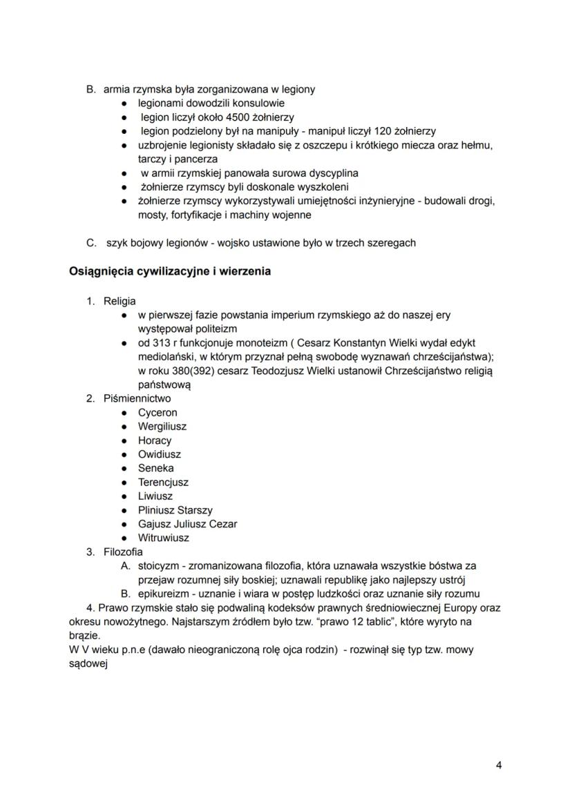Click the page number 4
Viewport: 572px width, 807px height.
coord(498,765)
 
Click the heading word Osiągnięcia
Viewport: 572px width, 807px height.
coord(102,271)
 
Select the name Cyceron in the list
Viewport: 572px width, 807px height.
coord(158,413)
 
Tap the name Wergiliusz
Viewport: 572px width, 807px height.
coord(162,427)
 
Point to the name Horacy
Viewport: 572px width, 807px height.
coord(155,440)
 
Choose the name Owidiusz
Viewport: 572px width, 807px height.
coord(160,454)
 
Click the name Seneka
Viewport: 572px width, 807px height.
coord(156,468)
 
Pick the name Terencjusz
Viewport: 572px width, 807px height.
coord(163,482)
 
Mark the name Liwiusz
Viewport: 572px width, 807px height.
coord(155,496)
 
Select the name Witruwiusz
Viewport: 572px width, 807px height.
coord(164,538)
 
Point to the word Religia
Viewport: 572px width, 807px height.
coord(120,301)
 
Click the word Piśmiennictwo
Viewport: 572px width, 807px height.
coord(137,398)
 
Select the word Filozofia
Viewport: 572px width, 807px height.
coord(123,552)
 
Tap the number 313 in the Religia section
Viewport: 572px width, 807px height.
coord(161,343)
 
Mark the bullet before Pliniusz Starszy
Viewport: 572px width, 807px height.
coord(124,510)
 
